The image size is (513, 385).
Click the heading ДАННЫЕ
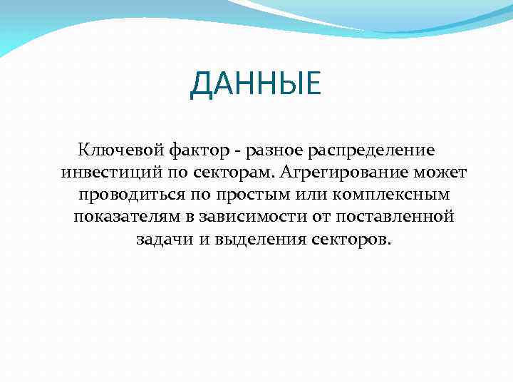coord(256,86)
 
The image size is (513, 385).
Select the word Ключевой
coord(120,151)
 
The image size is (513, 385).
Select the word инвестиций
coord(104,173)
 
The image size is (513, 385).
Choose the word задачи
coord(163,238)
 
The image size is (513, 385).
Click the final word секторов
coord(351,238)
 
